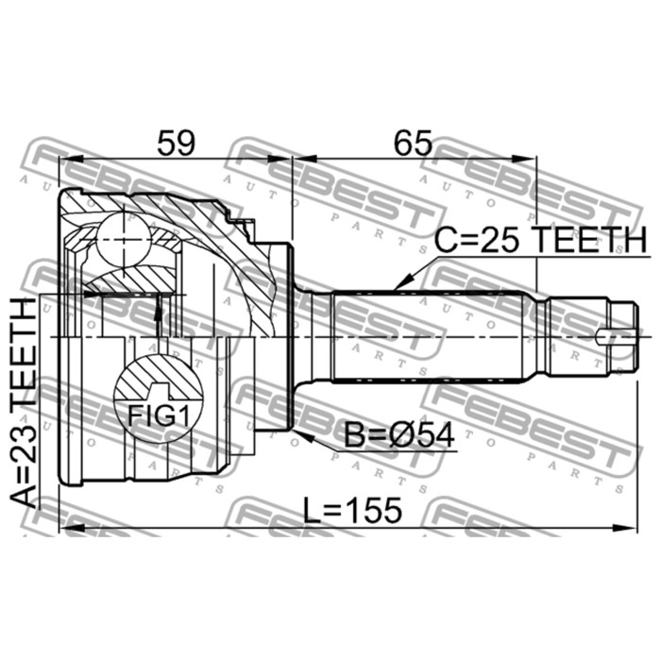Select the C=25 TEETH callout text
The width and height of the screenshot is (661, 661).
540,239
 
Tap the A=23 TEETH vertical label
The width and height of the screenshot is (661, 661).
24,402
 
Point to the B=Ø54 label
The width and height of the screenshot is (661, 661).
399,435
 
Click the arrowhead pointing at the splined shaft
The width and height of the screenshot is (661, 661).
400,283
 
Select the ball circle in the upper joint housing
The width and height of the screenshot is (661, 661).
124,240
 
